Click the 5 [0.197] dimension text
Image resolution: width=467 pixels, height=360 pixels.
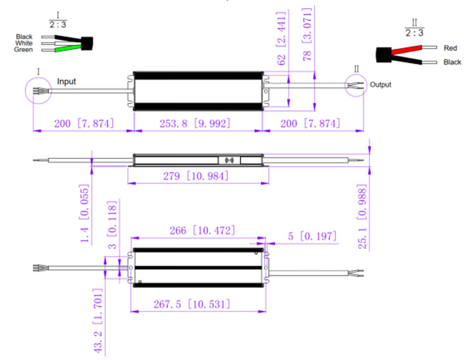312,236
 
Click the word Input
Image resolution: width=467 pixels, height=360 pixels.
67,82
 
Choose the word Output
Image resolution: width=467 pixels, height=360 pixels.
380,85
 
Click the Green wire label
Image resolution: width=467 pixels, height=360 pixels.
24,50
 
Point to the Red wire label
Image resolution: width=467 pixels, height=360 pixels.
450,48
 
